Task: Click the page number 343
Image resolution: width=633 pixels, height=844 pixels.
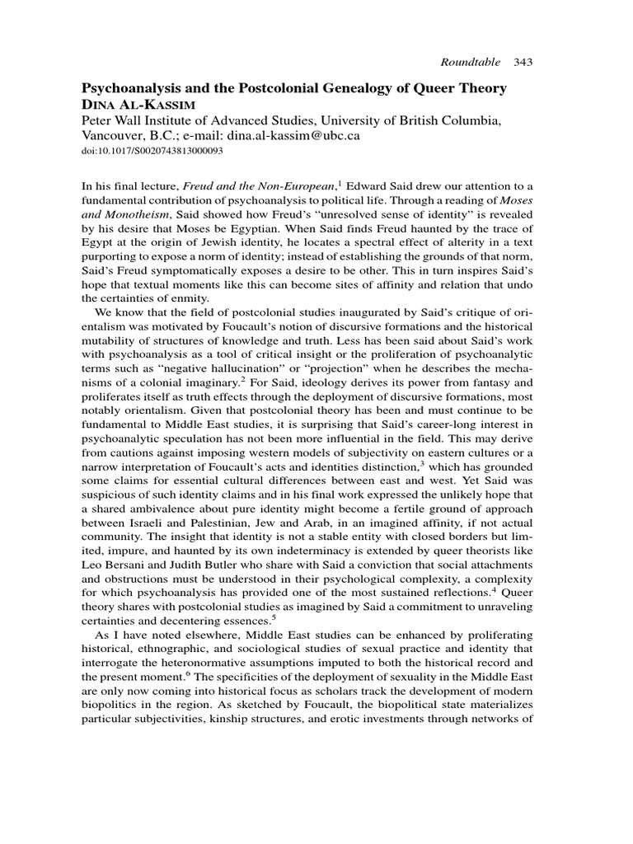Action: click(524, 62)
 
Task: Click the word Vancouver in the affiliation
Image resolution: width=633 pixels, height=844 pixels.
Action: click(111, 137)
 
